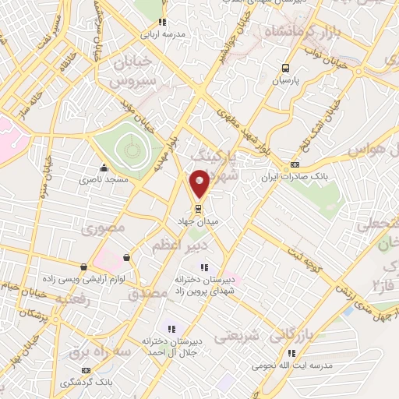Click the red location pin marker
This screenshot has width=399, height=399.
pos(199,183)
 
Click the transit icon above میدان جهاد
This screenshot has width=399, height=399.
pos(198,209)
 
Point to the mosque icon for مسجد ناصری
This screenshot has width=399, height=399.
pos(104,168)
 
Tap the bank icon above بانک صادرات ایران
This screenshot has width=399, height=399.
pos(294,164)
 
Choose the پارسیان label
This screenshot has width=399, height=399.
pos(285,80)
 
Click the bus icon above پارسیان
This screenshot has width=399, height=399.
pos(285,67)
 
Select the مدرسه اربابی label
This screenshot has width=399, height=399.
pos(161,35)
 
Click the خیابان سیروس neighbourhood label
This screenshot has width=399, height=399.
pos(132,71)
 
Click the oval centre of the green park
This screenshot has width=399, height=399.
pos(128,145)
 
